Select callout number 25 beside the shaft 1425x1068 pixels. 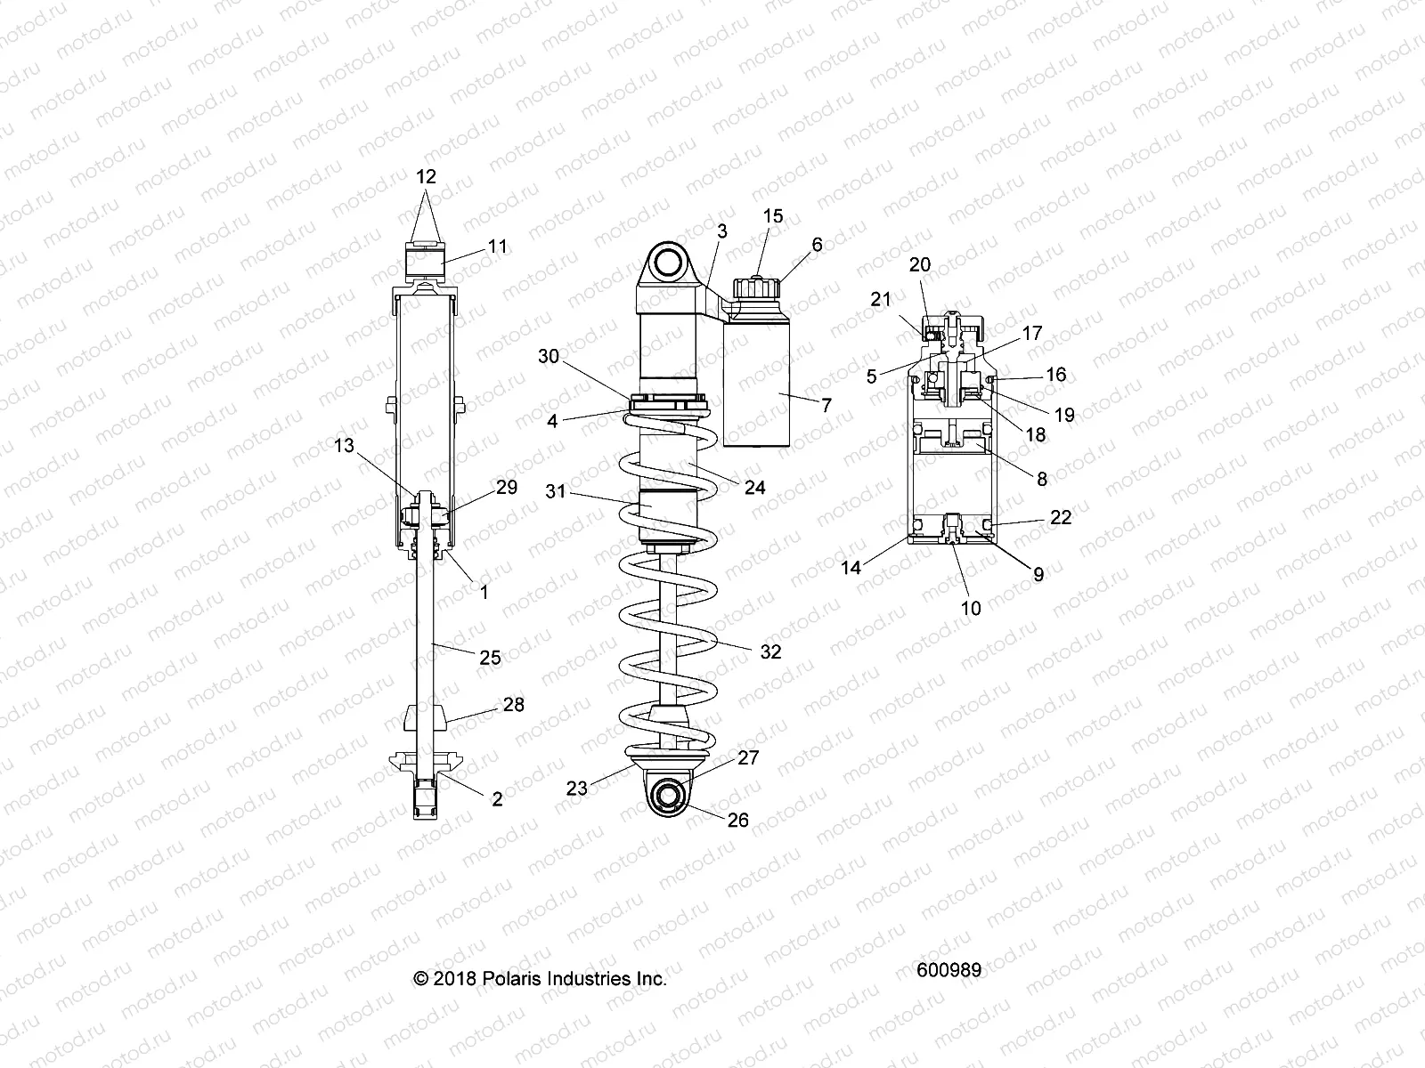click(x=490, y=658)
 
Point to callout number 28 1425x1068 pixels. click(x=513, y=705)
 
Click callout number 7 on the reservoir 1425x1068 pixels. click(x=826, y=405)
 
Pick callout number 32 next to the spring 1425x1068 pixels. click(x=770, y=651)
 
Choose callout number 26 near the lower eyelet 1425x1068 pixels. click(x=738, y=820)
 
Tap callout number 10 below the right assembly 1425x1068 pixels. click(x=971, y=608)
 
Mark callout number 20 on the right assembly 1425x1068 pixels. click(x=920, y=264)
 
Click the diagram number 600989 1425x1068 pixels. click(x=949, y=970)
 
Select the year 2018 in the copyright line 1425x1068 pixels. click(x=455, y=979)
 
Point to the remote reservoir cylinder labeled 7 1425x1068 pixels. click(x=757, y=383)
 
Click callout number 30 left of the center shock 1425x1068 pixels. click(x=549, y=355)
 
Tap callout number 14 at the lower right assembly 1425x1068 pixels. click(x=851, y=566)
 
